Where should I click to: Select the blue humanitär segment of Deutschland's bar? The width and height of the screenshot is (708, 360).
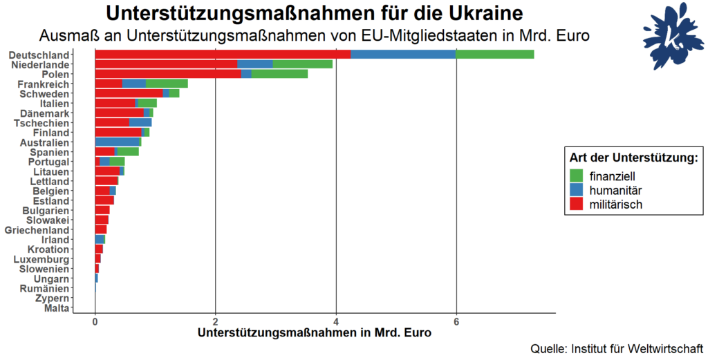coord(403,55)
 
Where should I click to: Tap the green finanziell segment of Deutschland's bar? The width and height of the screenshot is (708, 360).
coord(495,55)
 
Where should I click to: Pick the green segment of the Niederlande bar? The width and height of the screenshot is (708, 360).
coord(302,64)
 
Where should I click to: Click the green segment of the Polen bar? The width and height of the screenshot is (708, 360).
coord(279,74)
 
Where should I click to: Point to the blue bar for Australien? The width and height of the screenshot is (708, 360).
coord(117,142)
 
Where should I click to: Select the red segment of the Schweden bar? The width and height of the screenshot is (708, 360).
coord(129,93)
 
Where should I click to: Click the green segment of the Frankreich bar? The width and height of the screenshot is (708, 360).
coord(167,84)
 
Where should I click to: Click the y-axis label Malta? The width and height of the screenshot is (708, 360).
coord(56,308)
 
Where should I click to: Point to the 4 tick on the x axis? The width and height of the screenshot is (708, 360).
coord(336,321)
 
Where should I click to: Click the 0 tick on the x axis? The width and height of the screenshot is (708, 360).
coord(95,321)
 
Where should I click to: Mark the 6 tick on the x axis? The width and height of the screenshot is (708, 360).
coord(456,321)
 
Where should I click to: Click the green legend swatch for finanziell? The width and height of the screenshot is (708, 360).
coord(576,176)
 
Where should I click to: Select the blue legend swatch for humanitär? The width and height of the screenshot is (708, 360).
coord(576,190)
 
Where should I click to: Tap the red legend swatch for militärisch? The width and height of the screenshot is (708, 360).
coord(576,205)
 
